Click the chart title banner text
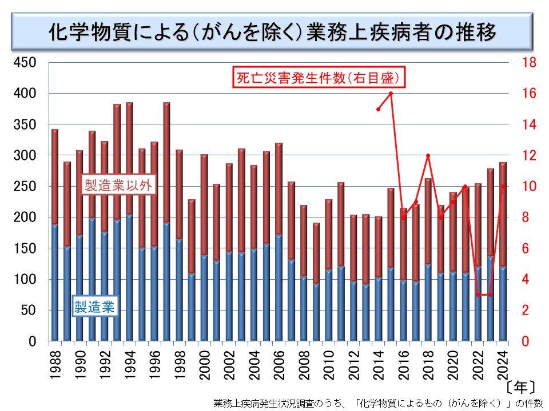[273, 31]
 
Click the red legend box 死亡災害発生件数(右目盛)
[319, 77]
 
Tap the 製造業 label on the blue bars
[94, 307]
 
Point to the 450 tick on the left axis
[25, 62]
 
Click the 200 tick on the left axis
[25, 217]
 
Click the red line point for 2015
[391, 93]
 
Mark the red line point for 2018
[428, 155]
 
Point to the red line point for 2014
[379, 109]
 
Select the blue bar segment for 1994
[130, 280]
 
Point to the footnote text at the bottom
[377, 402]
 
